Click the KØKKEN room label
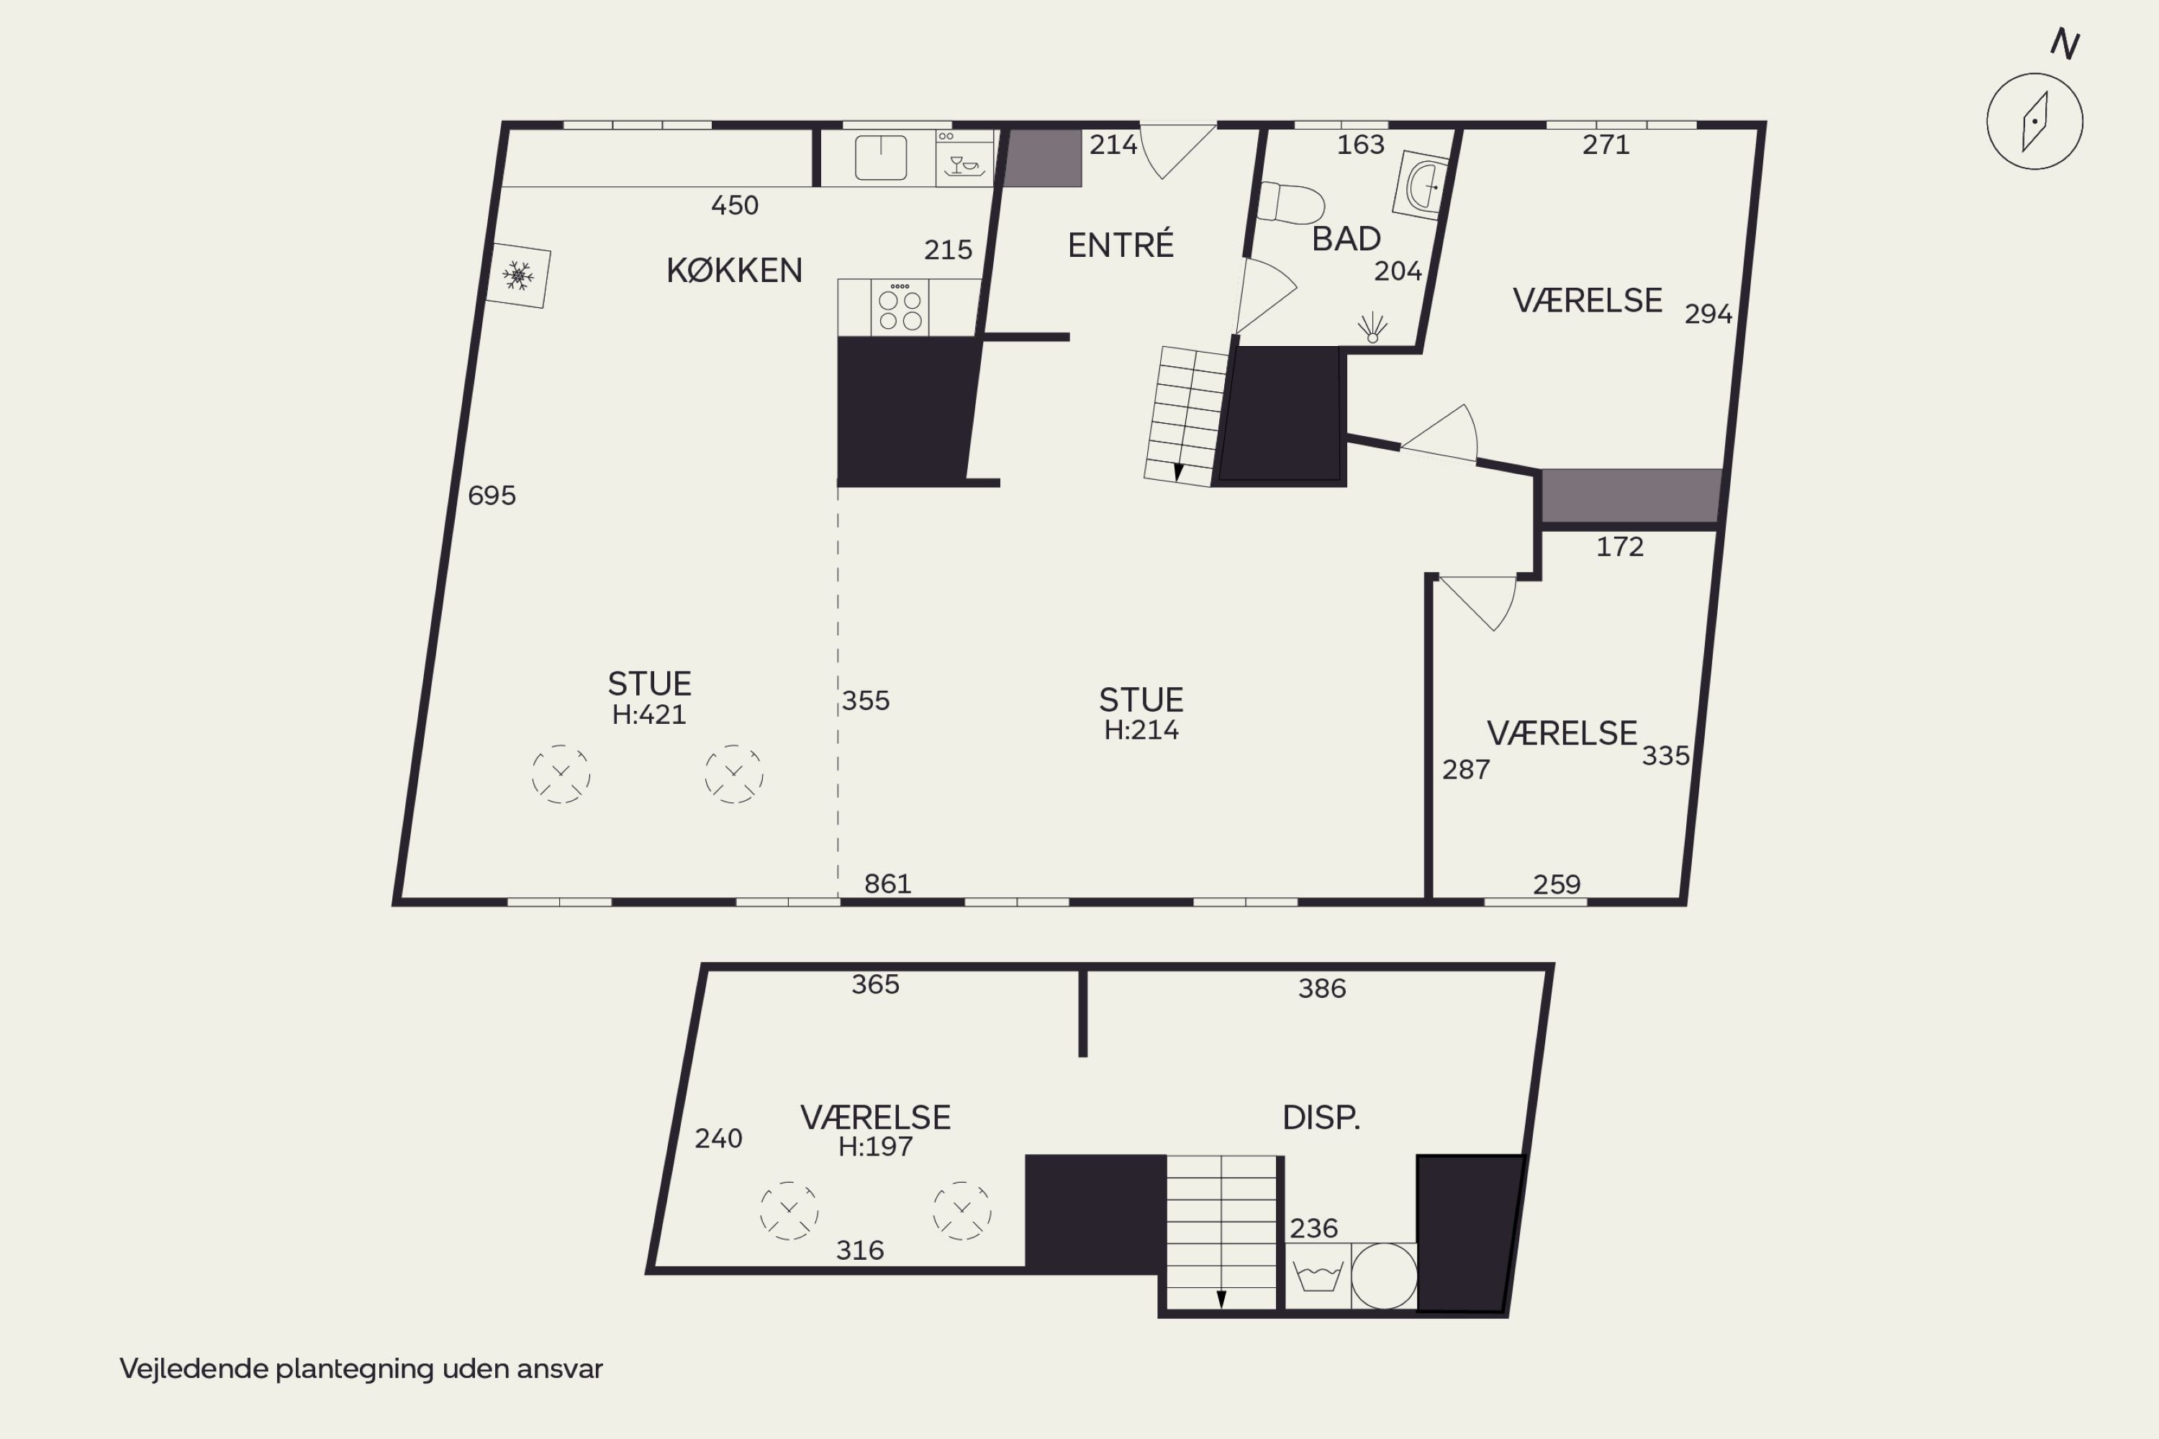pos(734,270)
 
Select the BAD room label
pos(1346,239)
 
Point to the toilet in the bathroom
pos(1290,203)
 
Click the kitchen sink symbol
pos(880,157)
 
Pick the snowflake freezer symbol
pos(517,276)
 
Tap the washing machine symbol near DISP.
pos(1318,1276)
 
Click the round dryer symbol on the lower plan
pos(1384,1276)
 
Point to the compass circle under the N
pos(2034,121)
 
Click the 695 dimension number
pos(492,496)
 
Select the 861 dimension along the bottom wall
pos(887,884)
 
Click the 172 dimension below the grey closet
pos(1619,547)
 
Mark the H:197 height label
pos(875,1146)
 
